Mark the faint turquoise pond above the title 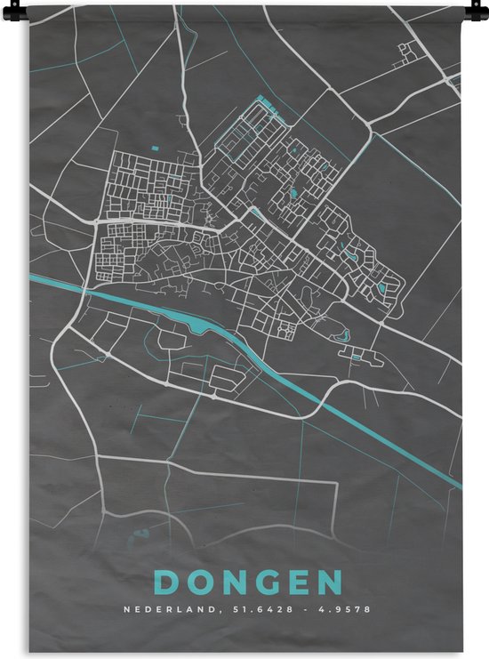pyautogui.click(x=140, y=534)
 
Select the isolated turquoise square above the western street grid pyautogui.click(x=154, y=148)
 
